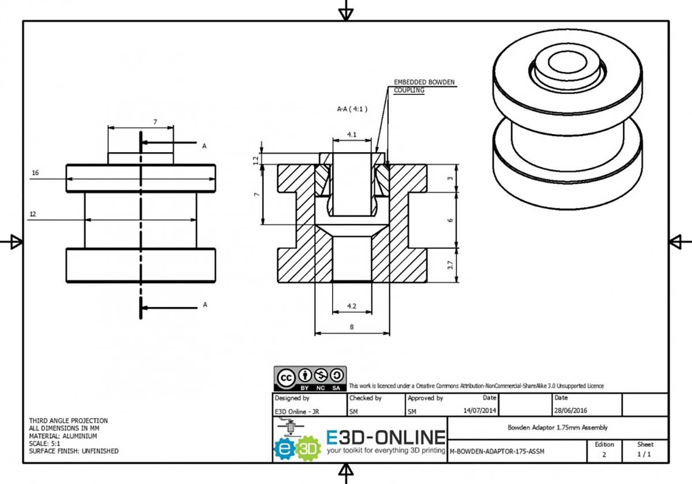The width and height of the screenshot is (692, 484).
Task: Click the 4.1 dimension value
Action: (352, 135)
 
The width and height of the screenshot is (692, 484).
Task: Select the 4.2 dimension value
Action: (352, 306)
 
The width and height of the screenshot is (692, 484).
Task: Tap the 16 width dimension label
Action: (36, 173)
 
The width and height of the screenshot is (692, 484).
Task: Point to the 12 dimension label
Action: (33, 214)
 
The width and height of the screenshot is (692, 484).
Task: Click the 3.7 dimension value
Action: (450, 265)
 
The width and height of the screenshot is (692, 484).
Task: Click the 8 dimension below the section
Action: (352, 327)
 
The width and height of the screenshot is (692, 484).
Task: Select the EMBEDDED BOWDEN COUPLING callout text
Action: (424, 86)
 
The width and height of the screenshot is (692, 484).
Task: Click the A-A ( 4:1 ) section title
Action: (352, 109)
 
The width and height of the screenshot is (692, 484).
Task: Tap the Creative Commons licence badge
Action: (310, 379)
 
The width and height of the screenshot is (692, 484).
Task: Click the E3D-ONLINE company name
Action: (386, 437)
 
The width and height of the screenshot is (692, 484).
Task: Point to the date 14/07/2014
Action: (479, 410)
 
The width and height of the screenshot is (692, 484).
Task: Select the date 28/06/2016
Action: (570, 410)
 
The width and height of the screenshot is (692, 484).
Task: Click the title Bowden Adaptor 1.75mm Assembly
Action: (558, 428)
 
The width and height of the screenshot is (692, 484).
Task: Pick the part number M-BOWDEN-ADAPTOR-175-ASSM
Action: (497, 451)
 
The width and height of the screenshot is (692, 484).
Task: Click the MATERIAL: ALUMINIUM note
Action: (63, 436)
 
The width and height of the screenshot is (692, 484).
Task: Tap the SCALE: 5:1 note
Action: (44, 444)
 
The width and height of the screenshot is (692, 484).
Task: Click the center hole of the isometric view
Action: (567, 62)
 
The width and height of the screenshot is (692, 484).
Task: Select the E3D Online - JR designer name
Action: (297, 411)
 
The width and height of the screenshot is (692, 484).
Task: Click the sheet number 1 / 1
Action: (644, 455)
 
